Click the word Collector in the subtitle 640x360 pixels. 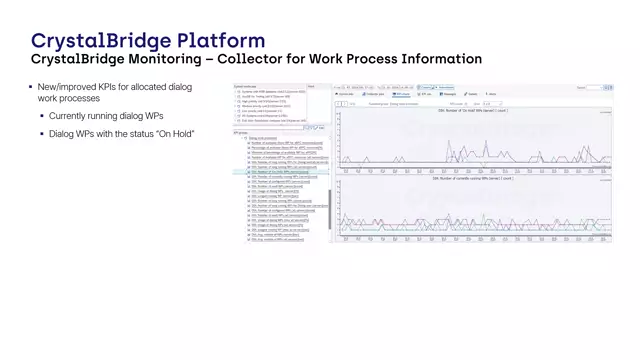coord(263,60)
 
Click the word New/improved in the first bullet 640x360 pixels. coord(67,88)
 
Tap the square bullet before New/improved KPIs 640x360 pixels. coord(30,88)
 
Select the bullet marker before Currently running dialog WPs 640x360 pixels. coord(42,117)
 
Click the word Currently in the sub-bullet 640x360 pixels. coord(71,117)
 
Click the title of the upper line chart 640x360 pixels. coord(473,111)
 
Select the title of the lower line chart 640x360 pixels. coord(473,178)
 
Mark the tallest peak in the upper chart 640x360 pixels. coord(449,141)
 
